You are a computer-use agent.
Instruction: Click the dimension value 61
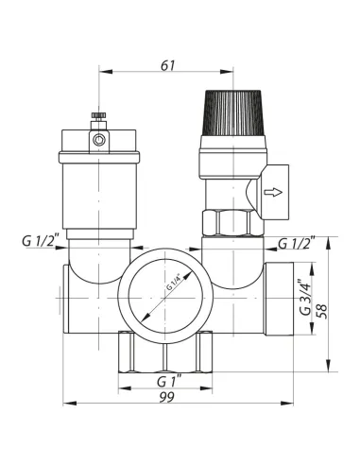pos(167,65)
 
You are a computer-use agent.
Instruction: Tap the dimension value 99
pos(166,397)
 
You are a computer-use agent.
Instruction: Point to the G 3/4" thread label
pos(304,297)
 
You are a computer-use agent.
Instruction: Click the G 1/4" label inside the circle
pos(174,283)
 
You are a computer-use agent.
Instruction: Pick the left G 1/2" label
pos(41,241)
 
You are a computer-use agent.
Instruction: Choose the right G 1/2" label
pos(297,243)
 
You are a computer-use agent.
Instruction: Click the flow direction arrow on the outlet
pos(273,192)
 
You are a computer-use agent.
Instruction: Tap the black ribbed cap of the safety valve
pos(233,112)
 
